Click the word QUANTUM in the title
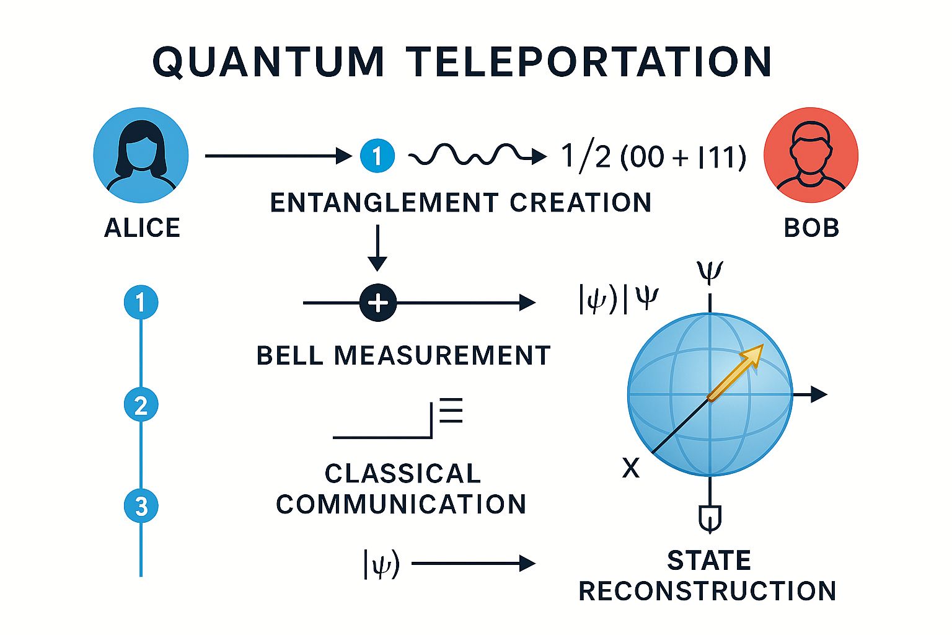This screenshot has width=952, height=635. pos(269,62)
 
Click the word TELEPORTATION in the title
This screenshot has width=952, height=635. pos(589,62)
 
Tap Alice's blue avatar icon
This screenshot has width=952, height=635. pos(141,155)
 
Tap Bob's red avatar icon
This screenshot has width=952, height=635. pos(811,155)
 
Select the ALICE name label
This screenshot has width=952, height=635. pos(142,228)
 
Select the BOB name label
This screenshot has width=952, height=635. pos(811,228)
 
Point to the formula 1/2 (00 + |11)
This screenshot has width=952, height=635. pos(653,156)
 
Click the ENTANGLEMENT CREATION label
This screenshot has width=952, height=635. pos(461,203)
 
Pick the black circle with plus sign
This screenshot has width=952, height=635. pos(378,303)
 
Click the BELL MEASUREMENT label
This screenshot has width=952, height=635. pos(403,356)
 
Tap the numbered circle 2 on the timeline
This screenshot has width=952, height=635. pos(141,405)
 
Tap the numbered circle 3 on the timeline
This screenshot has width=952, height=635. pos(141,506)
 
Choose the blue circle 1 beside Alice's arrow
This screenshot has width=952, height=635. pos(377,155)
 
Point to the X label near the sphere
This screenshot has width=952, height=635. pos(630,468)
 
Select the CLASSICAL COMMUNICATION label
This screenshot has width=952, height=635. pos(402,489)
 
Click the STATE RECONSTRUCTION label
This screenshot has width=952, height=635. pos(708,575)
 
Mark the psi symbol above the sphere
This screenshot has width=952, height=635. pos(710,272)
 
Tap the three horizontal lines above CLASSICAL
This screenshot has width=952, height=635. pos(451,411)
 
